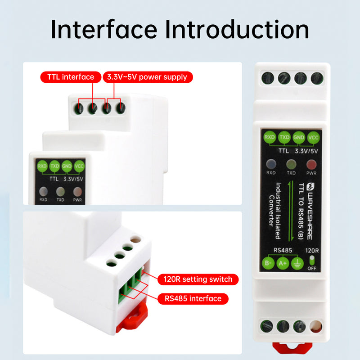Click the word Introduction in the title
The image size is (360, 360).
(x=237, y=30)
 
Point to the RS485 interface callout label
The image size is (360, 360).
(x=193, y=298)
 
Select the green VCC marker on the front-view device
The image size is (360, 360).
(x=313, y=137)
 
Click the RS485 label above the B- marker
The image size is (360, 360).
(x=283, y=250)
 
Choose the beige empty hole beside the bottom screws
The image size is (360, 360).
(x=316, y=326)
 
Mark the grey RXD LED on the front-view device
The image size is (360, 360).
(x=270, y=164)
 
